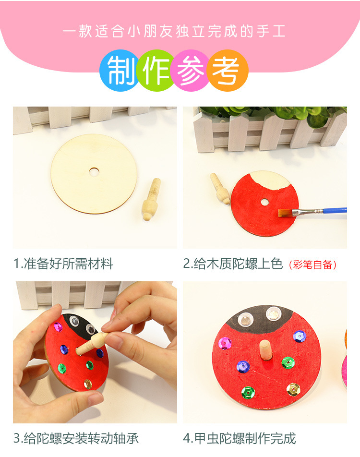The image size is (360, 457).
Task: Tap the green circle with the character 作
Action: (156, 71)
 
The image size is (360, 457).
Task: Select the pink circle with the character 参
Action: (191, 71)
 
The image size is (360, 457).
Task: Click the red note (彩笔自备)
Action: (313, 265)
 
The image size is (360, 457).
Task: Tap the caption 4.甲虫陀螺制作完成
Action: (240, 438)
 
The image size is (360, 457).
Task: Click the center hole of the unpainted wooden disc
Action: (94, 170)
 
